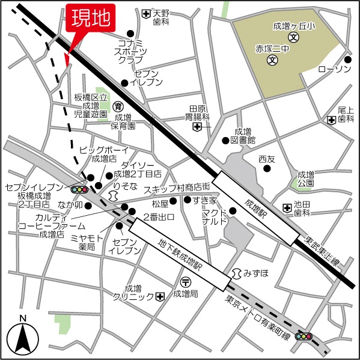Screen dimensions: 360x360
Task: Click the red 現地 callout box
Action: [90, 20]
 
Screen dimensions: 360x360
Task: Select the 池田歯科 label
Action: [301, 209]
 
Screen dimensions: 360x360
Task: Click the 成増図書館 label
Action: [242, 135]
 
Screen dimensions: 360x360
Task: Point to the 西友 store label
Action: [266, 159]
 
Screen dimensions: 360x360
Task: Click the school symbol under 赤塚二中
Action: [272, 59]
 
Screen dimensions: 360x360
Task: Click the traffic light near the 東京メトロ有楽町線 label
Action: [304, 337]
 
